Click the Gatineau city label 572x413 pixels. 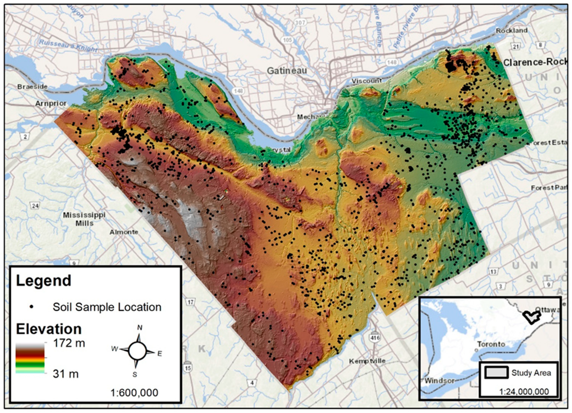[x=287, y=71]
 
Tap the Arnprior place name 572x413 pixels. [x=51, y=104]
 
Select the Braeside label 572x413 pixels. [x=32, y=87]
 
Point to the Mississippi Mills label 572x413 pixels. [x=84, y=219]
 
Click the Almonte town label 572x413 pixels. [x=124, y=232]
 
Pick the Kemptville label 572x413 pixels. [x=367, y=361]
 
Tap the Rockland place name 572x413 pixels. [x=512, y=31]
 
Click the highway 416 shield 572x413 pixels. [x=375, y=337]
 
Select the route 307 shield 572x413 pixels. [x=300, y=22]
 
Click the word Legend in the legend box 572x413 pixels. [x=43, y=281]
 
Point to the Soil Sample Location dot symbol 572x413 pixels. [x=32, y=307]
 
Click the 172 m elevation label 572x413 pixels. [x=69, y=343]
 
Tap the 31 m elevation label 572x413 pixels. [x=65, y=374]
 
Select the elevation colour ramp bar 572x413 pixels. [x=30, y=358]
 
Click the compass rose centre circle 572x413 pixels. [x=137, y=350]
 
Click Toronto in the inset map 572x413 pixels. [x=491, y=344]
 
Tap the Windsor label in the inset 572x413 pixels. [x=439, y=381]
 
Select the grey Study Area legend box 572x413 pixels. [x=496, y=373]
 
